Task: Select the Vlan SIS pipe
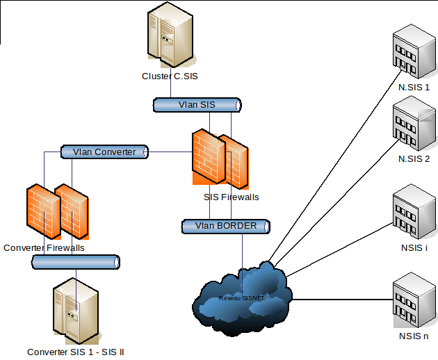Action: click(x=197, y=105)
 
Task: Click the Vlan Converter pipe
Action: click(x=104, y=152)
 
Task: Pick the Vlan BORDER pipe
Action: click(x=225, y=226)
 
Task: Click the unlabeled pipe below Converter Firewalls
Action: click(x=76, y=261)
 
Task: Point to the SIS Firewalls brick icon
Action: click(x=220, y=159)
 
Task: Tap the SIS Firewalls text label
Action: click(x=231, y=197)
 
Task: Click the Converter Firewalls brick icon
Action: click(x=57, y=211)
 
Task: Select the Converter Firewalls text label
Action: click(x=44, y=247)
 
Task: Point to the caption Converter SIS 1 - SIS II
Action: click(x=75, y=352)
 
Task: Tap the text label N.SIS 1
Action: click(x=414, y=88)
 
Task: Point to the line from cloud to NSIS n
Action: click(x=341, y=300)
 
